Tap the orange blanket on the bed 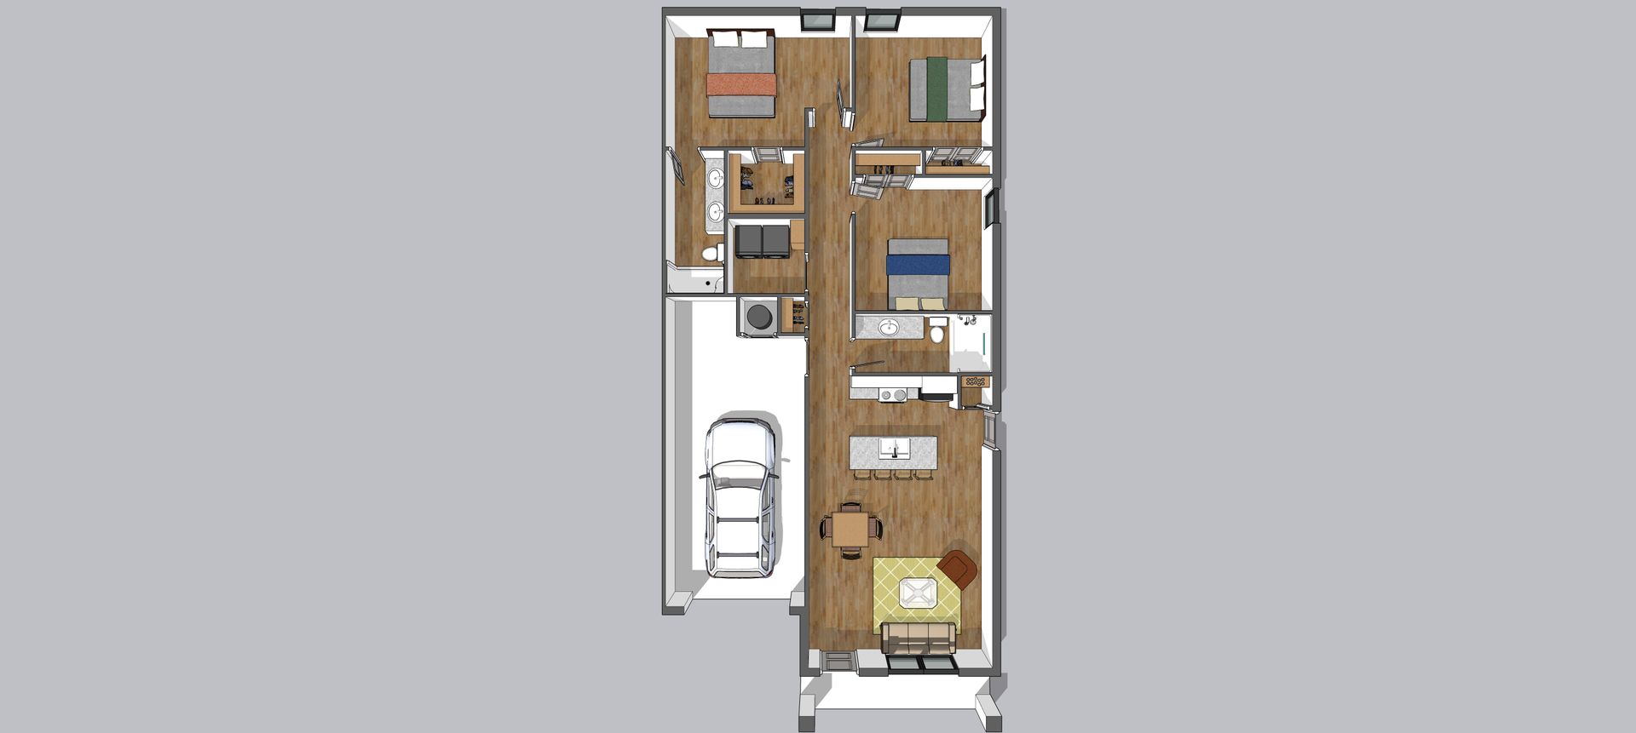point(741,84)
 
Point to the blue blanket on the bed point(918,266)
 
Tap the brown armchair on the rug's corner point(959,569)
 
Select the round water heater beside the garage point(758,317)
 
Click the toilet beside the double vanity point(711,253)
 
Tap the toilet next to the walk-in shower point(937,330)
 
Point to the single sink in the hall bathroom point(889,328)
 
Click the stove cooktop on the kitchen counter point(893,394)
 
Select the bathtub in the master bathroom point(694,282)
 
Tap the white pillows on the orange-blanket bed point(740,39)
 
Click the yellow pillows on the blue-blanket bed point(919,303)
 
